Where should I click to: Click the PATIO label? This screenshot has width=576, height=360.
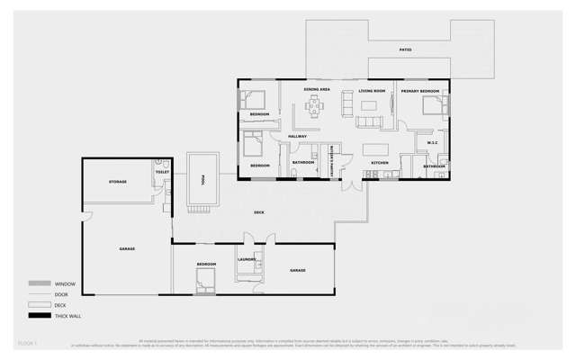406,49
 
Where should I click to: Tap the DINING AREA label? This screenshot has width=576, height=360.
316,91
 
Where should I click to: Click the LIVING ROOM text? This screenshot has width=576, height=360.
372,91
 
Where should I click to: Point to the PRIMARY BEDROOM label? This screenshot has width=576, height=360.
420,91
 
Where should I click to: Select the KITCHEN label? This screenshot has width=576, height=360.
380,163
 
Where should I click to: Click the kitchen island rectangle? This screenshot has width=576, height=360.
373,146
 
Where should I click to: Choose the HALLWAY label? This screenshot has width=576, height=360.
297,136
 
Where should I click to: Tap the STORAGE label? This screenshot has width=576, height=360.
118,182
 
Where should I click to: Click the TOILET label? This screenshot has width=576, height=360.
162,172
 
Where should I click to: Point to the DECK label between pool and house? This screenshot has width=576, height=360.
259,212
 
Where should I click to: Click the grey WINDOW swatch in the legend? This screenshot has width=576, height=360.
39,283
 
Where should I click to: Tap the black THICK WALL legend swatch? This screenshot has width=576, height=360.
39,316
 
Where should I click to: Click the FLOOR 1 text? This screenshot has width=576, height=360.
26,343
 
